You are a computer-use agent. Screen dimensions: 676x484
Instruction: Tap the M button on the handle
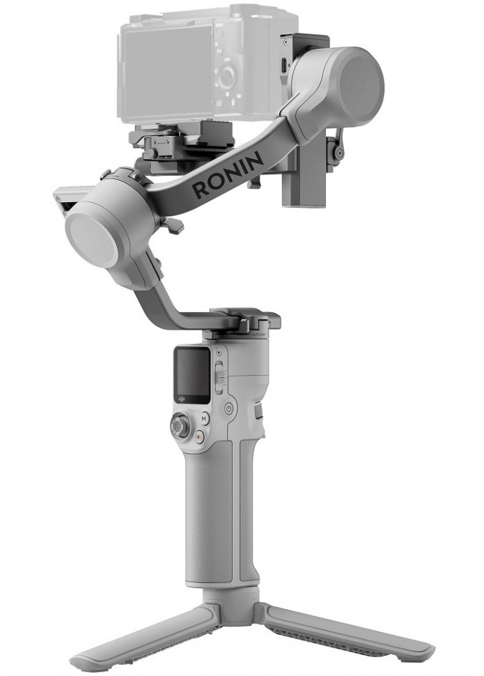tap(205, 420)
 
